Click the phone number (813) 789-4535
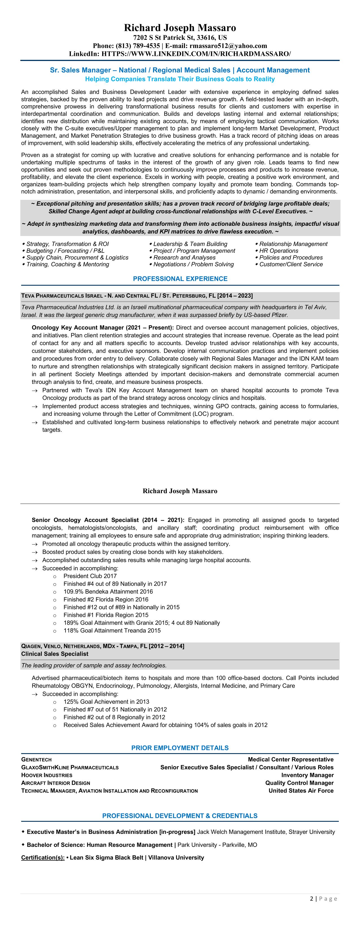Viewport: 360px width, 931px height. click(x=138, y=46)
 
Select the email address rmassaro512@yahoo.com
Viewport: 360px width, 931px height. click(x=228, y=46)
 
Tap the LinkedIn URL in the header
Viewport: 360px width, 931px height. click(x=196, y=54)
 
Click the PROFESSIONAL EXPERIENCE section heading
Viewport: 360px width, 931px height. click(x=180, y=279)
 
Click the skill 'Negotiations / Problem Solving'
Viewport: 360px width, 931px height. click(x=193, y=264)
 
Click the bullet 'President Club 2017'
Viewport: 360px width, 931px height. click(x=90, y=576)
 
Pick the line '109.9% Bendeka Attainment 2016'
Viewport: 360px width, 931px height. click(x=108, y=592)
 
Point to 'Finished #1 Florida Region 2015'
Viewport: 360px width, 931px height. click(x=106, y=615)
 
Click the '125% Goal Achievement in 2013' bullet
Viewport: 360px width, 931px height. click(x=106, y=701)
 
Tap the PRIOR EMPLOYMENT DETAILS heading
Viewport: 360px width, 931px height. click(x=180, y=748)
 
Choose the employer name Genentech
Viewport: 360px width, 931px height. click(x=36, y=760)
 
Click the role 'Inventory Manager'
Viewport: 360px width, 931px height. click(x=307, y=775)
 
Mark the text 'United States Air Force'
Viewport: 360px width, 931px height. click(x=301, y=791)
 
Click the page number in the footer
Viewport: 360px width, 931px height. click(x=311, y=899)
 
